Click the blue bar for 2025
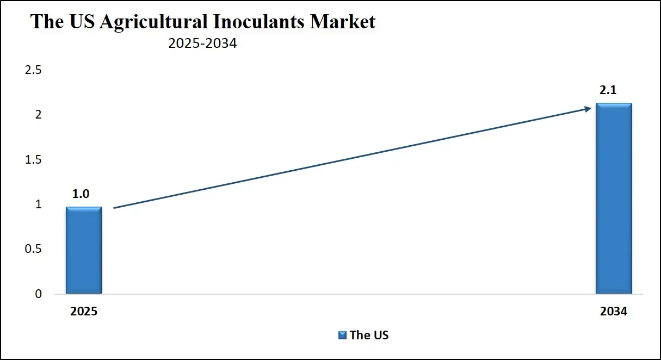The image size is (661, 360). [x=84, y=250]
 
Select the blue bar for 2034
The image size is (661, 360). [x=614, y=198]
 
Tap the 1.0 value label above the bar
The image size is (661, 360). [x=81, y=194]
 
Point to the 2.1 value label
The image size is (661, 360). [x=608, y=91]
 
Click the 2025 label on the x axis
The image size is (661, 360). [x=84, y=312]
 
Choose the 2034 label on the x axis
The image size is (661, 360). [x=614, y=312]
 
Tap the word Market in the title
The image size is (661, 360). [x=342, y=22]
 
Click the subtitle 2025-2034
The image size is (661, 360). [x=202, y=44]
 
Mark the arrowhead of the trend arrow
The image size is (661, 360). [x=588, y=109]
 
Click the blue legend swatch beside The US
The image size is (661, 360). [x=343, y=335]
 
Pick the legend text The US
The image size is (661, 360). [x=369, y=335]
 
